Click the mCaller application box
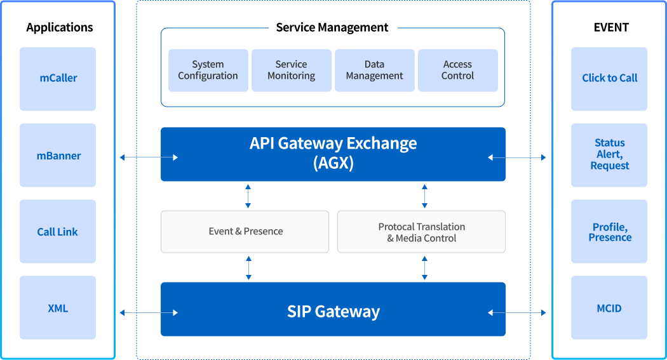click(x=58, y=79)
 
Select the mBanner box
click(x=58, y=155)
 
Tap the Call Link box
click(x=58, y=231)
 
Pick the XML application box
click(x=58, y=307)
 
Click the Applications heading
click(x=60, y=28)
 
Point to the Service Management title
click(x=332, y=28)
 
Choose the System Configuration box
click(x=208, y=70)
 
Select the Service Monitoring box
click(x=292, y=70)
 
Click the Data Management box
click(x=374, y=70)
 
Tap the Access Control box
click(x=458, y=70)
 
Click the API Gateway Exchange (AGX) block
click(x=333, y=154)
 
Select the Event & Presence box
click(x=245, y=232)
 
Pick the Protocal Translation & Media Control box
click(x=422, y=232)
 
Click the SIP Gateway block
click(x=333, y=309)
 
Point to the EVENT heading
click(x=611, y=28)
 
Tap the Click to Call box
click(x=609, y=79)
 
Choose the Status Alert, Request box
click(x=609, y=155)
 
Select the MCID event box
click(x=609, y=307)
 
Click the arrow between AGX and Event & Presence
click(x=248, y=196)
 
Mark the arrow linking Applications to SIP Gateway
click(x=149, y=313)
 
